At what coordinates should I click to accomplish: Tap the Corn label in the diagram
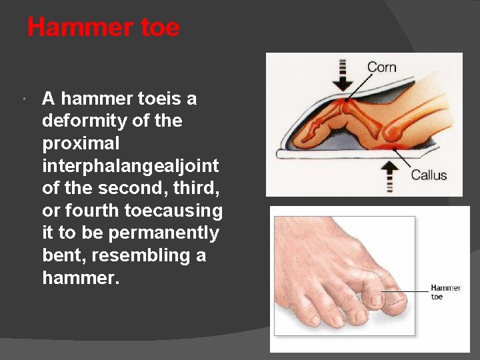coord(381,67)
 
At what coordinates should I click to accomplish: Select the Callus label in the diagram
coord(429,175)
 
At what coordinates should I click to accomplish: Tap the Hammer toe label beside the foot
coord(445,292)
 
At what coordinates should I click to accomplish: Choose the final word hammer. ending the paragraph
coord(81,278)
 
